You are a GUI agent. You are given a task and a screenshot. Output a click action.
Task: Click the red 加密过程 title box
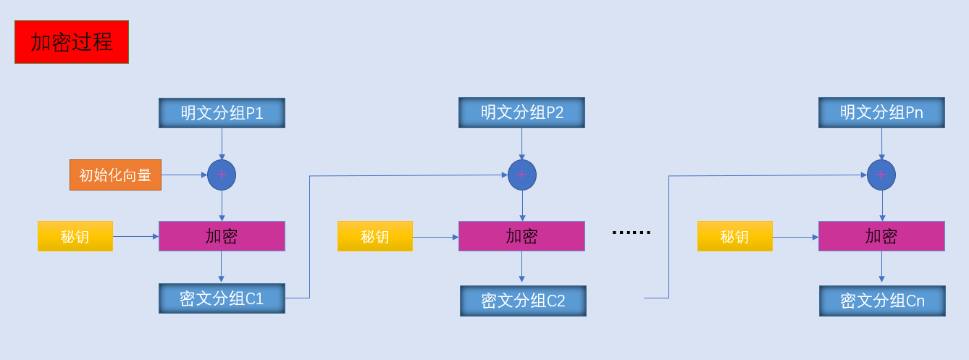pyautogui.click(x=72, y=42)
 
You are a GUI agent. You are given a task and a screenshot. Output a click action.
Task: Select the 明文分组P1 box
pyautogui.click(x=222, y=113)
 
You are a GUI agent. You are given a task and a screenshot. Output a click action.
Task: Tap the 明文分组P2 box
pyautogui.click(x=521, y=113)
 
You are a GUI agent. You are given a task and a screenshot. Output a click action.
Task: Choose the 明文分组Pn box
pyautogui.click(x=881, y=113)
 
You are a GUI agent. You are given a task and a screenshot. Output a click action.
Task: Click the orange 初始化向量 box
pyautogui.click(x=115, y=175)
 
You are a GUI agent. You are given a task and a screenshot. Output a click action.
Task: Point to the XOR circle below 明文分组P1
pyautogui.click(x=222, y=175)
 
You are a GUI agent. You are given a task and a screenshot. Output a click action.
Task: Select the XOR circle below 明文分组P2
pyautogui.click(x=522, y=175)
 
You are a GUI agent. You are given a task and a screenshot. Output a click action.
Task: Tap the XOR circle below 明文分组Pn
pyautogui.click(x=881, y=175)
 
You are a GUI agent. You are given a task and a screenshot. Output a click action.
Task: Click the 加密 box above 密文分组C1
pyautogui.click(x=222, y=236)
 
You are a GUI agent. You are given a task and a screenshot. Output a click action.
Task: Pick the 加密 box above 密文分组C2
pyautogui.click(x=521, y=236)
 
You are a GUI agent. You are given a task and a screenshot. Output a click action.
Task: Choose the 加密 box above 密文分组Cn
pyautogui.click(x=881, y=236)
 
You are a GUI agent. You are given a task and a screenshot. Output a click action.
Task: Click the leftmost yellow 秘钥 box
pyautogui.click(x=75, y=236)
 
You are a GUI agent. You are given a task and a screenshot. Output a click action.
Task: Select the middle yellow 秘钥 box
pyautogui.click(x=375, y=236)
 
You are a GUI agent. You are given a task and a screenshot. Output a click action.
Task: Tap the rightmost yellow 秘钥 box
pyautogui.click(x=735, y=236)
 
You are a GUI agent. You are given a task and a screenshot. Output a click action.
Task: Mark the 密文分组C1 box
pyautogui.click(x=222, y=298)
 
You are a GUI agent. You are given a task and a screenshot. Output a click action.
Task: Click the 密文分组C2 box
pyautogui.click(x=523, y=301)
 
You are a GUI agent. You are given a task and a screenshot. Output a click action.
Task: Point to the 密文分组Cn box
pyautogui.click(x=882, y=301)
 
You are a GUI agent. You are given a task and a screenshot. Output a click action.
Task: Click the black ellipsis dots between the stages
pyautogui.click(x=632, y=233)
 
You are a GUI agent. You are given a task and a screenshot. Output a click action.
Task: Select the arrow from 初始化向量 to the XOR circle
pyautogui.click(x=184, y=175)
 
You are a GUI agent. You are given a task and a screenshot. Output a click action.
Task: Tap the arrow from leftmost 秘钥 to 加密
pyautogui.click(x=135, y=236)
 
